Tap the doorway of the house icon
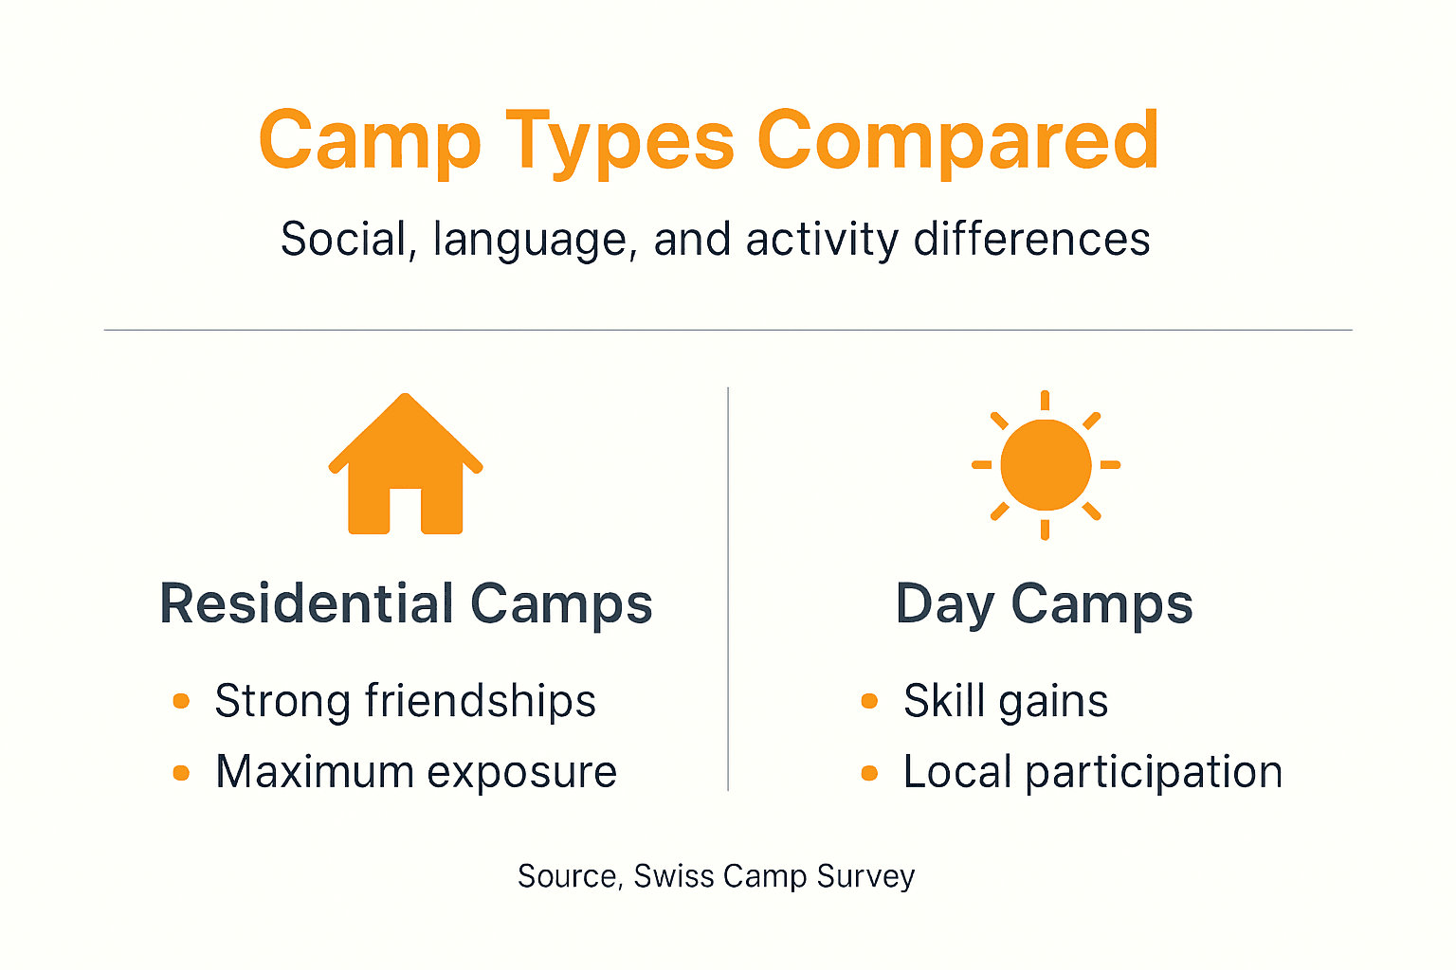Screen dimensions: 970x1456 pos(406,511)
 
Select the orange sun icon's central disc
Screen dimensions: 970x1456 pos(1046,465)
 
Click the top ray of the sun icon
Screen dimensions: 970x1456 pos(1045,400)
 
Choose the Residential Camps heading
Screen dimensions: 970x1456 pos(406,603)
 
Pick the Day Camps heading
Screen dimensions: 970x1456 pos(1044,603)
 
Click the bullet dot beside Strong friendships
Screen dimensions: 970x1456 pos(181,701)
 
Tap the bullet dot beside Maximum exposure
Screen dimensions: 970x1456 pos(181,773)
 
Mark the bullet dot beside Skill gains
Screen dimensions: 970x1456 pos(869,701)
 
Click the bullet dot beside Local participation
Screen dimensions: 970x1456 pos(869,773)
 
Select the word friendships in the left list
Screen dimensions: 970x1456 pos(480,701)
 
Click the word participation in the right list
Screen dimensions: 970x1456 pos(1154,773)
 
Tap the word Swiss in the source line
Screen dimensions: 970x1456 pos(673,876)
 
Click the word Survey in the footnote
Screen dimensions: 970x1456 pos(865,876)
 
